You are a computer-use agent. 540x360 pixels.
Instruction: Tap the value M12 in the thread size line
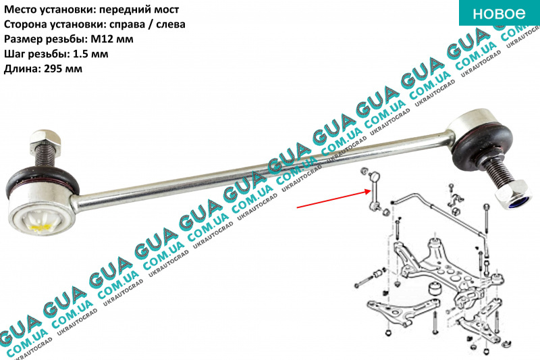[x=122, y=39]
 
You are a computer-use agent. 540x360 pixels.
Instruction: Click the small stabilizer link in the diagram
[x=375, y=192]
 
